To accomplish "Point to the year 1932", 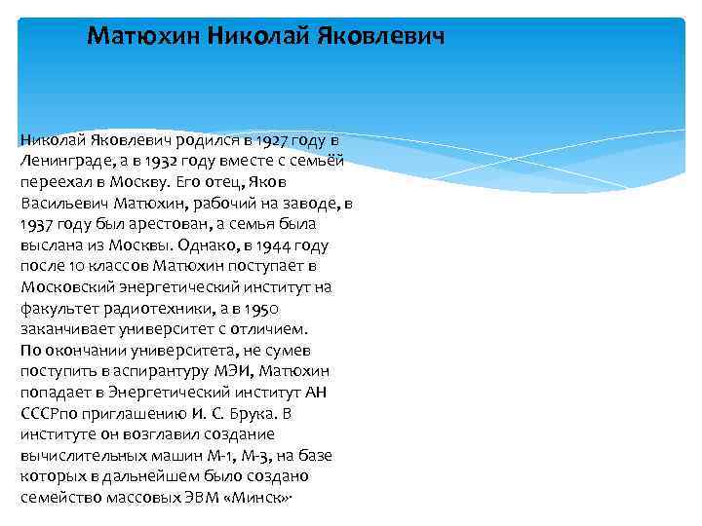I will [x=151, y=161].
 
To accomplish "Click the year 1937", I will [x=36, y=224].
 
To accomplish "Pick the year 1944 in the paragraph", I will [x=272, y=244].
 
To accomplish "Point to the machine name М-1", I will [x=213, y=455].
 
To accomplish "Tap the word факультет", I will [x=58, y=308].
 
